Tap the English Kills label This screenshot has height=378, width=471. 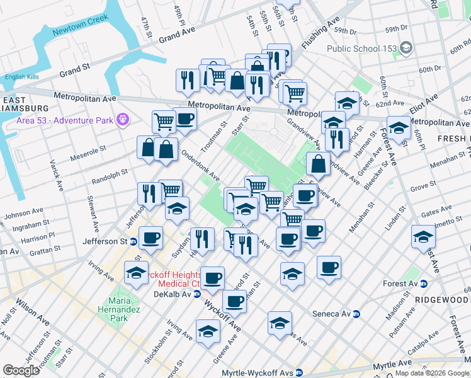[x=21, y=77]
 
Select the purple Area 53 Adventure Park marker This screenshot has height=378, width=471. [x=122, y=118]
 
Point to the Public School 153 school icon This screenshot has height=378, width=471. [x=406, y=48]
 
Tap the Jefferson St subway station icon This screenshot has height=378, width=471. [x=133, y=241]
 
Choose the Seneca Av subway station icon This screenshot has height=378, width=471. [x=356, y=314]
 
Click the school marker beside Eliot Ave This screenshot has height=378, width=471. [x=398, y=128]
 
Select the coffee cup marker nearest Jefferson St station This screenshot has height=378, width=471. [x=150, y=238]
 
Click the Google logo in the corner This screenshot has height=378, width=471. [x=21, y=370]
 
